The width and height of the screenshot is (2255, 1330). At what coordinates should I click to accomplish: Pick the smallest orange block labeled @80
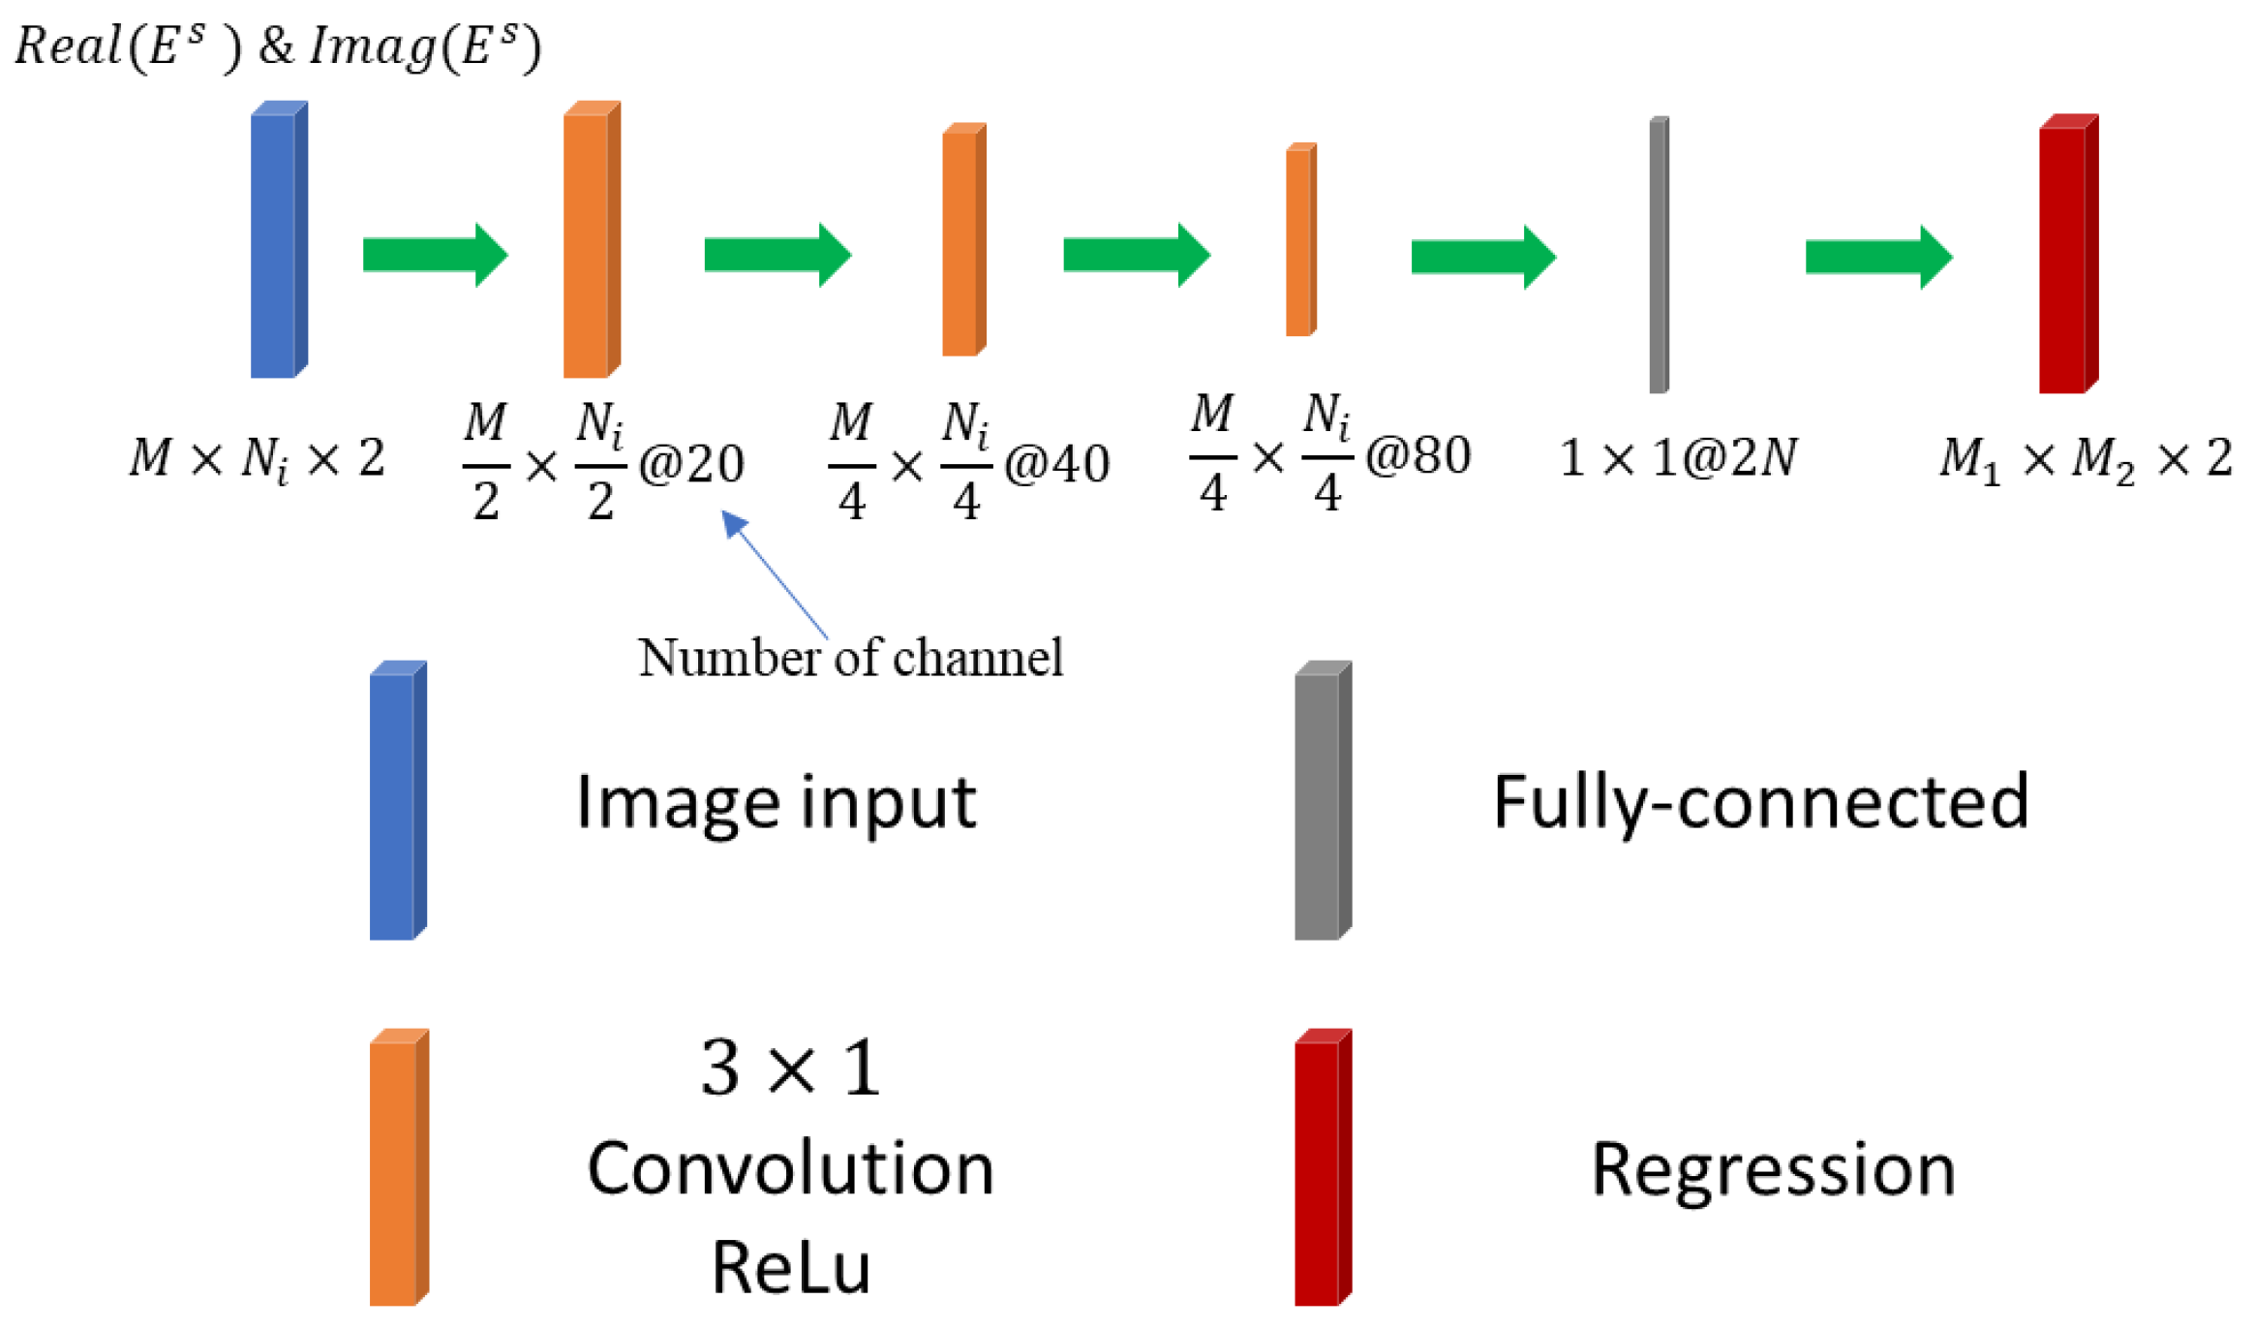coord(1300,240)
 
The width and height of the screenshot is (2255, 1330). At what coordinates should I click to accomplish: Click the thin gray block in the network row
coord(1658,255)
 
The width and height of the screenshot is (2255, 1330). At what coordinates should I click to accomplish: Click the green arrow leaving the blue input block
coord(435,255)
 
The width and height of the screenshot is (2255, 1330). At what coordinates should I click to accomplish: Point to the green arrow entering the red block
coord(1877,257)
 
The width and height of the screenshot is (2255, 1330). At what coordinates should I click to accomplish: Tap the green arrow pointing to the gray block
coord(1482,257)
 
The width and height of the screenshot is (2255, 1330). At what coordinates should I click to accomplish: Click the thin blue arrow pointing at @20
coord(775,573)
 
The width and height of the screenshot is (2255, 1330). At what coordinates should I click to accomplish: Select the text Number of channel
coord(850,658)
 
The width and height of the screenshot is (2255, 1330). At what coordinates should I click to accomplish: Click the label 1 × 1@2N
coord(1678,457)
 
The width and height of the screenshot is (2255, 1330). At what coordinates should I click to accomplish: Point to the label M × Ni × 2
coord(258,457)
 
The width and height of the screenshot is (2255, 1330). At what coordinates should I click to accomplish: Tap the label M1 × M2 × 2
coord(2086,457)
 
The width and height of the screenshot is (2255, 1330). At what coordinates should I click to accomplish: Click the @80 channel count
coord(1417,455)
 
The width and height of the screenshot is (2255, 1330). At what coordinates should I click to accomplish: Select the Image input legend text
coord(776,802)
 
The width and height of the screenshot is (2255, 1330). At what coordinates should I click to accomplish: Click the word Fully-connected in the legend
coord(1760,802)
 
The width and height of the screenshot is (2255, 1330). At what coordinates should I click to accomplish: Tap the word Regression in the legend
coord(1773,1169)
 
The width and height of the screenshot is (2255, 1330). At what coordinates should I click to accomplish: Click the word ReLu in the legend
coord(791,1266)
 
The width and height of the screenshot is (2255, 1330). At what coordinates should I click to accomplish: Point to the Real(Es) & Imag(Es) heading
coord(278,46)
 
